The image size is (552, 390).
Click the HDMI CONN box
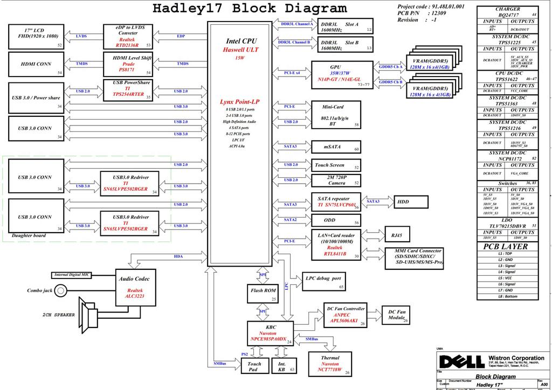tap(36, 64)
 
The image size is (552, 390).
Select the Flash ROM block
tap(263, 291)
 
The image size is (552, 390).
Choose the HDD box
tap(411, 202)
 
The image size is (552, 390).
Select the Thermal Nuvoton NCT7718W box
tap(330, 364)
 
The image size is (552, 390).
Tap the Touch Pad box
tap(254, 367)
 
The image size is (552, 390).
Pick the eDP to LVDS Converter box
tap(127, 37)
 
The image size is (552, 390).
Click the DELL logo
tap(461, 360)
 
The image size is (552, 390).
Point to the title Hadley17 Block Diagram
tap(250, 9)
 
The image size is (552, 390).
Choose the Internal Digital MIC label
tap(72, 275)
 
